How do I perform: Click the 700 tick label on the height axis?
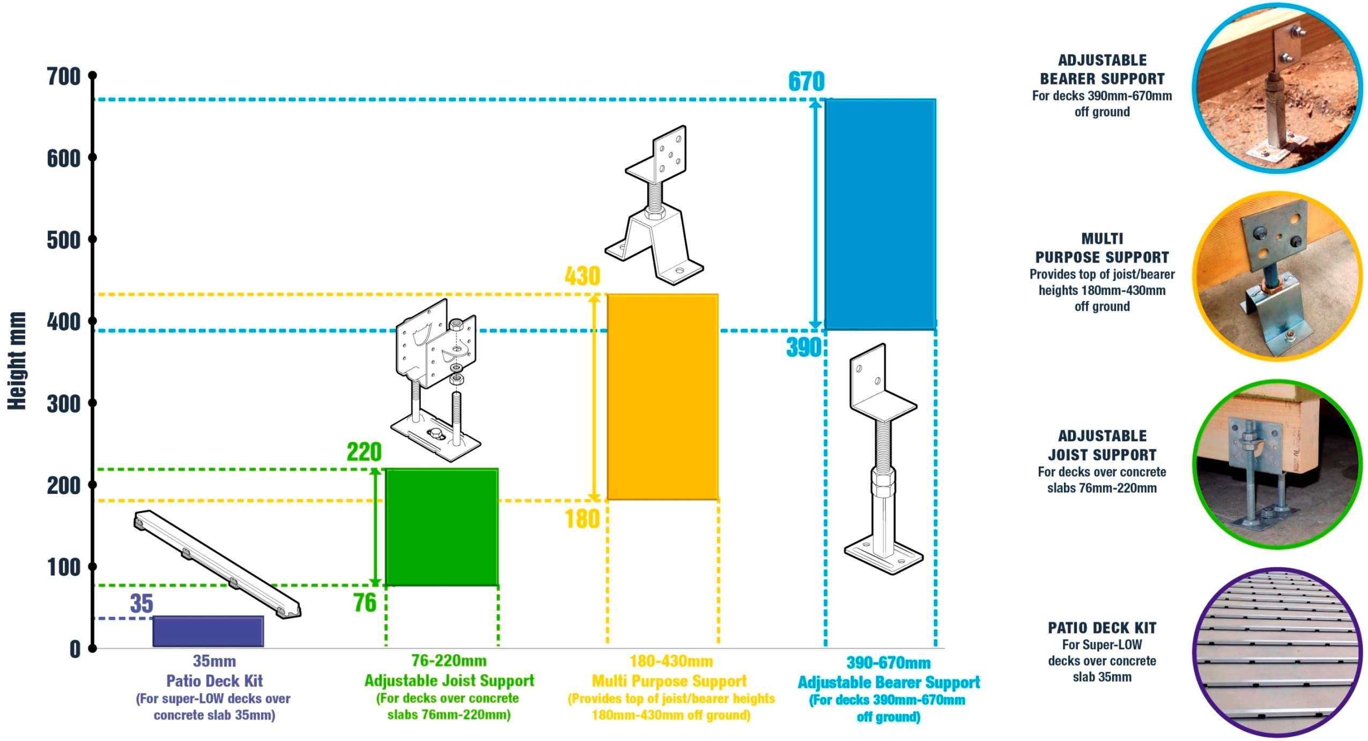(63, 77)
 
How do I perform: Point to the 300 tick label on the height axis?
(63, 404)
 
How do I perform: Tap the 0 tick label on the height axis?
(75, 649)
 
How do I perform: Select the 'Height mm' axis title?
(17, 361)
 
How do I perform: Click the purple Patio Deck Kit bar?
(208, 631)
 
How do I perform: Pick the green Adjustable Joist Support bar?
(442, 527)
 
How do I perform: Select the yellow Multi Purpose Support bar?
(662, 397)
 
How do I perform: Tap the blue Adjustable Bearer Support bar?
(881, 214)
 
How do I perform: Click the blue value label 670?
(806, 82)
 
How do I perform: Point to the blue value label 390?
(803, 347)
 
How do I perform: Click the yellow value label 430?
(582, 276)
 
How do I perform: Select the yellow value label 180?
(582, 519)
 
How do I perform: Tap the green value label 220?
(364, 452)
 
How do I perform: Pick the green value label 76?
(365, 603)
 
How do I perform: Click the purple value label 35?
(142, 604)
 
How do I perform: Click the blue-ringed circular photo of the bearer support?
(1276, 88)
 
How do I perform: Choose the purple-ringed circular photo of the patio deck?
(1276, 653)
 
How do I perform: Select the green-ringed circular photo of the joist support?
(1276, 464)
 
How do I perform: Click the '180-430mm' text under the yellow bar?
(671, 661)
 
